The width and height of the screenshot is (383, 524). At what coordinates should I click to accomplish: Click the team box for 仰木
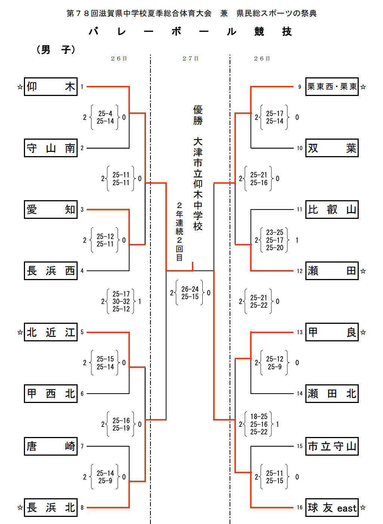[x=51, y=87]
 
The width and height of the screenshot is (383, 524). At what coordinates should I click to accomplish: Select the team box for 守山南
[x=51, y=148]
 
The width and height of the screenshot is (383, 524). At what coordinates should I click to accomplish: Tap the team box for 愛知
[x=51, y=209]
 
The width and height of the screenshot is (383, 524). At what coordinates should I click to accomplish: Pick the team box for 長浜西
[x=51, y=271]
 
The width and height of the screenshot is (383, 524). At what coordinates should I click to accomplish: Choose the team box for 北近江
[x=51, y=332]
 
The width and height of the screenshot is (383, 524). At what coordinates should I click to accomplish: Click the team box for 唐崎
[x=51, y=446]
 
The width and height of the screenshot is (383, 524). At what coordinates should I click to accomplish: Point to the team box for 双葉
[x=332, y=148]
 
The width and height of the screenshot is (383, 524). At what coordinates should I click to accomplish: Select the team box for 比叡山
[x=332, y=209]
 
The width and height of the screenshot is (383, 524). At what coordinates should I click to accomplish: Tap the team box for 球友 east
[x=332, y=508]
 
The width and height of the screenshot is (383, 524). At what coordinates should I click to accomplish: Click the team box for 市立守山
[x=332, y=446]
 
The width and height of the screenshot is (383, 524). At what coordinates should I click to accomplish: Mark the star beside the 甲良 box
[x=363, y=332]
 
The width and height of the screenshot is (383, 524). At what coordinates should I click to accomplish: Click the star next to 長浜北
[x=20, y=508]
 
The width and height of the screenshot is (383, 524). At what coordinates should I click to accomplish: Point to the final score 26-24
[x=190, y=289]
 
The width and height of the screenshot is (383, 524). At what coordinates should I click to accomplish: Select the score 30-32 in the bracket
[x=121, y=301]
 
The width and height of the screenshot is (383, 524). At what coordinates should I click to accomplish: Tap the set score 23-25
[x=275, y=232]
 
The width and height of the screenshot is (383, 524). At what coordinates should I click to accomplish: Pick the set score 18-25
[x=259, y=416]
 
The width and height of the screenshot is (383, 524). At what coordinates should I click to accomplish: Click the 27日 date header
[x=190, y=59]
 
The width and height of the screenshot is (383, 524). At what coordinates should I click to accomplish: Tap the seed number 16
[x=300, y=508]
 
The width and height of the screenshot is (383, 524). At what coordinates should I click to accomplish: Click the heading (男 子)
[x=56, y=50]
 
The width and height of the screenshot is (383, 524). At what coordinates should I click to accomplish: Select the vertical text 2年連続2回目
[x=180, y=232]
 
